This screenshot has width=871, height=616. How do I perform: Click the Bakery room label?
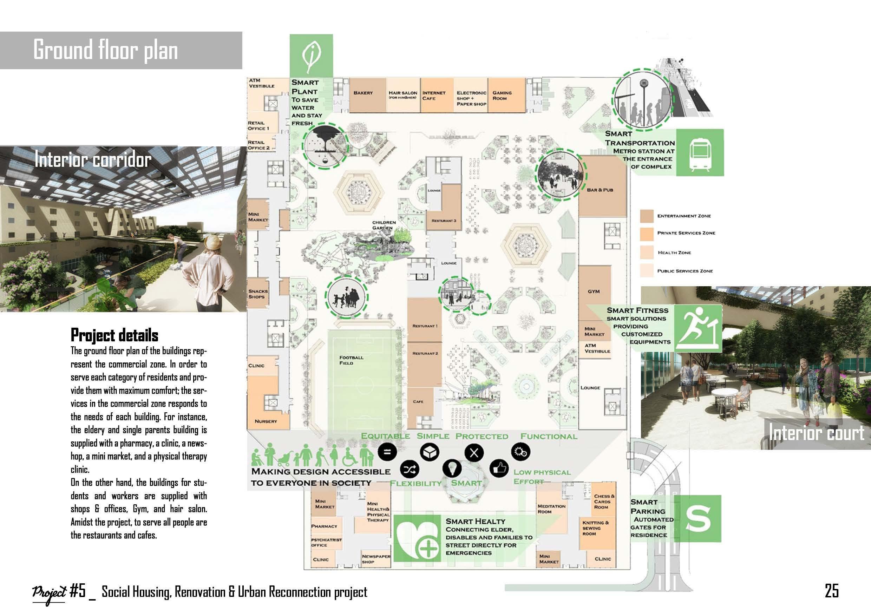tap(363, 93)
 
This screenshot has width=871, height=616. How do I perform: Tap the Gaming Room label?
tap(502, 96)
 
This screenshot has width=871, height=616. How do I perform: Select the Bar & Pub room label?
tap(600, 190)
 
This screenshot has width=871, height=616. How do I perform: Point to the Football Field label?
tap(351, 360)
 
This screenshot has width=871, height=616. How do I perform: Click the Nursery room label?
tap(266, 421)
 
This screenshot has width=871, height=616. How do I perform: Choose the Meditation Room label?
tap(551, 509)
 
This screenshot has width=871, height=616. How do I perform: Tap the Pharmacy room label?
tap(324, 526)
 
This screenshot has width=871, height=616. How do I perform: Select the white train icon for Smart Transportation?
tap(700, 153)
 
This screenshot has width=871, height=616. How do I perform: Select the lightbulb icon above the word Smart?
tap(451, 468)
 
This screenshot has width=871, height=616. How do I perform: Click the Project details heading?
tap(114, 335)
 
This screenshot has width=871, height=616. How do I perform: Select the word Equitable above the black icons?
tap(385, 436)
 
